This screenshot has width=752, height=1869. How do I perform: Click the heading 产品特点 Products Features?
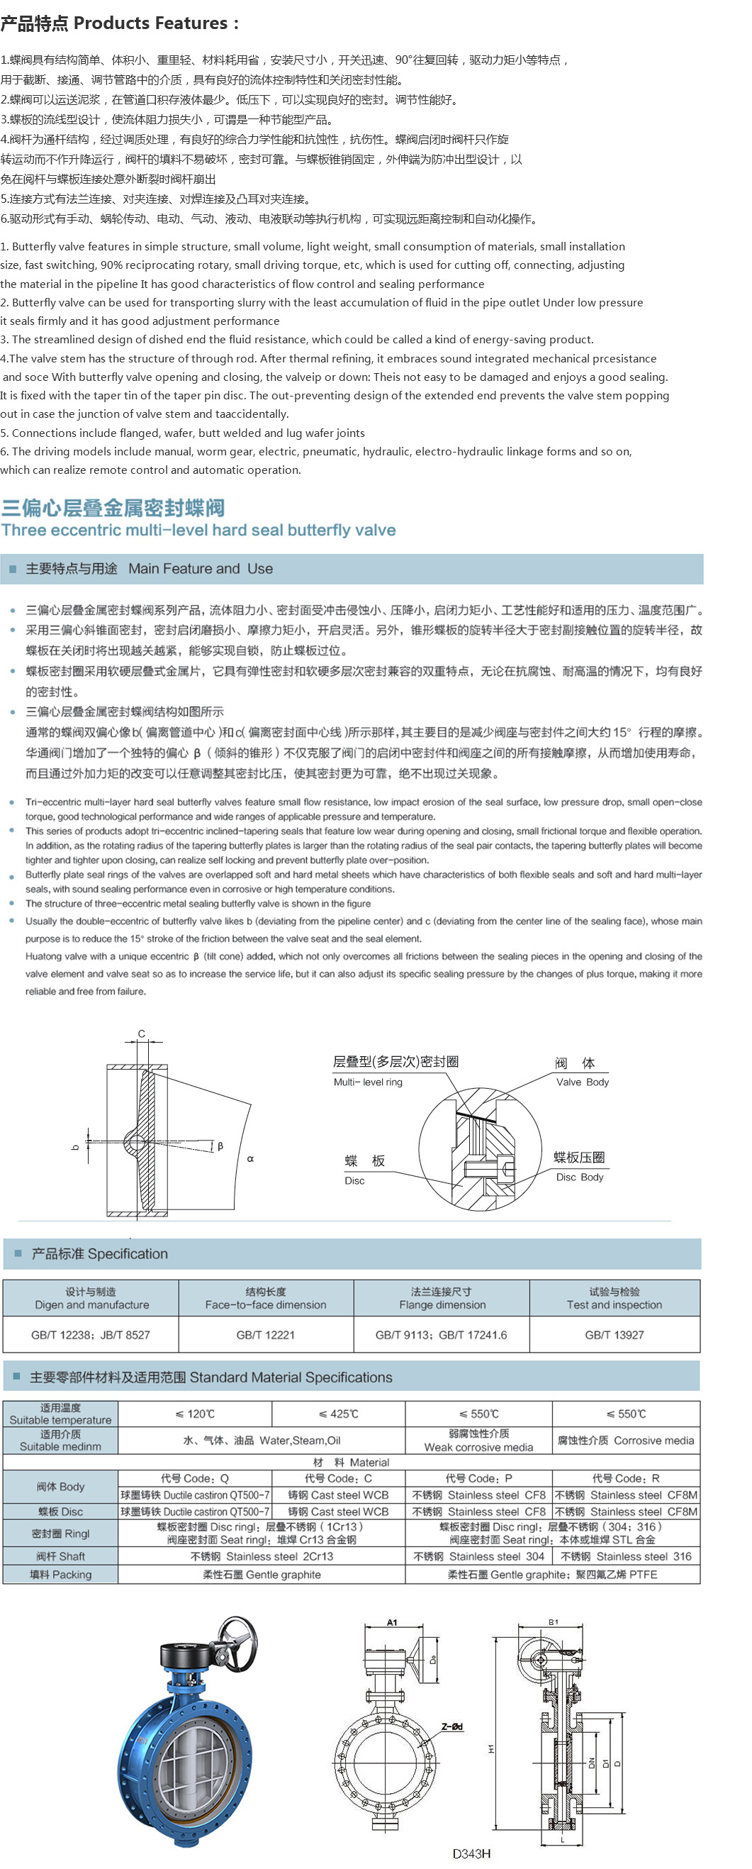click(x=119, y=23)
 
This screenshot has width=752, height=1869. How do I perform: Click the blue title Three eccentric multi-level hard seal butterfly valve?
click(x=198, y=530)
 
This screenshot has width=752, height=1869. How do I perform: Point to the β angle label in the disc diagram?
click(x=220, y=1146)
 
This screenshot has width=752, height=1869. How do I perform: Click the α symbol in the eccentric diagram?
click(x=250, y=1159)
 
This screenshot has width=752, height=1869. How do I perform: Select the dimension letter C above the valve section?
click(x=142, y=1033)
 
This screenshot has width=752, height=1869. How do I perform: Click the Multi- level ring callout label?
click(x=368, y=1082)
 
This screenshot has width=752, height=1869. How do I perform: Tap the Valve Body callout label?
click(x=583, y=1082)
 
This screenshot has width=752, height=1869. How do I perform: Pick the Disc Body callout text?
click(x=579, y=1177)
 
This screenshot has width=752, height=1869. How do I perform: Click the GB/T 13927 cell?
click(x=614, y=1334)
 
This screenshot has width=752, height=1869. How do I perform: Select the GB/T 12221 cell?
click(x=265, y=1334)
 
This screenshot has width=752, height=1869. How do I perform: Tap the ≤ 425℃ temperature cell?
click(x=338, y=1414)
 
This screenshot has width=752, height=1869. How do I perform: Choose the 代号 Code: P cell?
click(x=478, y=1478)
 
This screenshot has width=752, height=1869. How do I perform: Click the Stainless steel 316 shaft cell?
click(x=626, y=1556)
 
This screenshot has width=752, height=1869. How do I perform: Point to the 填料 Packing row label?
click(x=60, y=1575)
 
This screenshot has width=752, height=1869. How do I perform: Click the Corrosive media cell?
click(x=626, y=1440)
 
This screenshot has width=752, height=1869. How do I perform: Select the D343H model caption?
click(x=471, y=1854)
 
